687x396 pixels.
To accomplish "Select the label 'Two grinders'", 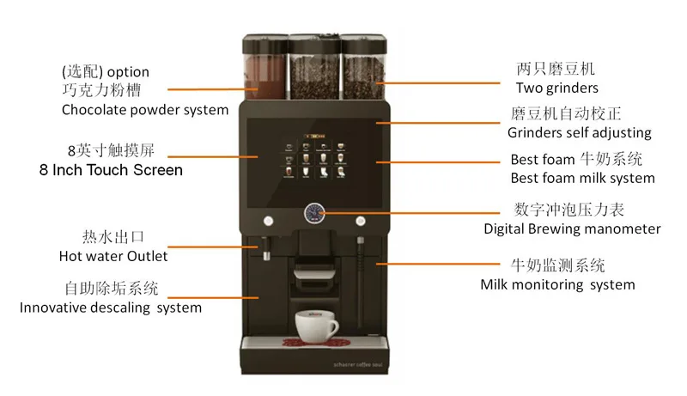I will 556,88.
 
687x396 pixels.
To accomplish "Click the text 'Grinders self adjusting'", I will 579,132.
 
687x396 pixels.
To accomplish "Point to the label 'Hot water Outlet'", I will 113,255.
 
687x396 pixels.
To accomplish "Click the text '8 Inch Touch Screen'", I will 111,170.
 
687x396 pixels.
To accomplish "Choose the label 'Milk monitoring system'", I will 557,284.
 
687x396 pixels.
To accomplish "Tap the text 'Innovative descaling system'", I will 111,307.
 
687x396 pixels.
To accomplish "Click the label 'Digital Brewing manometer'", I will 572,228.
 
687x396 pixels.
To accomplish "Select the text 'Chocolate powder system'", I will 145,109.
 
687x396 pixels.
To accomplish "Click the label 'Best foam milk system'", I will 582,178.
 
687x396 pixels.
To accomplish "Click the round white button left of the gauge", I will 268,218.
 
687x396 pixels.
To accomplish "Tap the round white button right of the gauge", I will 361,218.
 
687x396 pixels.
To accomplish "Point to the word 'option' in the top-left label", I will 128,71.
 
